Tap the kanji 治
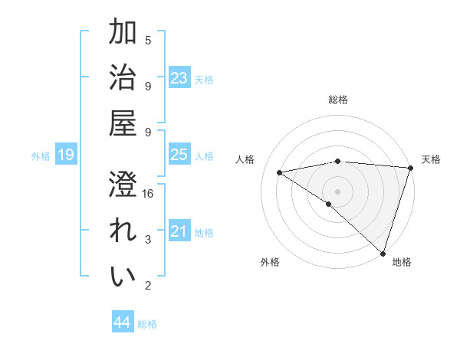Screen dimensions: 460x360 [123, 79]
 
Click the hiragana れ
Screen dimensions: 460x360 [123, 231]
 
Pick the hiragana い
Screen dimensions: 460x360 [123, 277]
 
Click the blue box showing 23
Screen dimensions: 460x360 [179, 78]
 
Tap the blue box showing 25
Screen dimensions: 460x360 [179, 155]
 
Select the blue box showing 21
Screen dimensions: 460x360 [179, 231]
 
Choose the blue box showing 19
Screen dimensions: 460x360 [65, 155]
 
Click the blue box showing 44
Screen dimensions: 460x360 [122, 322]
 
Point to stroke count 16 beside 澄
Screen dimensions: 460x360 [149, 194]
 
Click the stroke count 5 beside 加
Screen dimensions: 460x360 [148, 40]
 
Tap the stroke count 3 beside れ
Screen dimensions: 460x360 [148, 240]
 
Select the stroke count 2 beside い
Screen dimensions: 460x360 [148, 286]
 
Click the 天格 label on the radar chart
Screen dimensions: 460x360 [431, 159]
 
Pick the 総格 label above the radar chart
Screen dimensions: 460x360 [338, 100]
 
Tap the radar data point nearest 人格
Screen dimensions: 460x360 [280, 172]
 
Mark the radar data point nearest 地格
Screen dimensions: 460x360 [383, 252]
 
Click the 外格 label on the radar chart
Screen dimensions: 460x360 [270, 262]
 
